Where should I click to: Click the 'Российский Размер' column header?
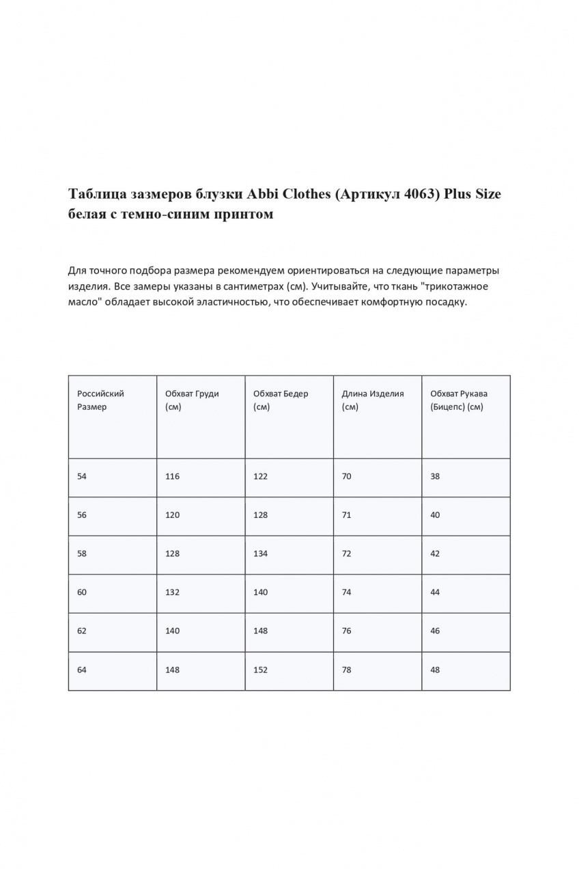coord(100,400)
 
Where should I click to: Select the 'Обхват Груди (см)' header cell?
coord(192,400)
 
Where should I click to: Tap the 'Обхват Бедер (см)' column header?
coord(281,400)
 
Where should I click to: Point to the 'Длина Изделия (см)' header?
coord(373,400)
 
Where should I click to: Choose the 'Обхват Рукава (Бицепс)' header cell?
coord(459,400)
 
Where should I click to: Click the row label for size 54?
coord(82,476)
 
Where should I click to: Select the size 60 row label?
coord(82,592)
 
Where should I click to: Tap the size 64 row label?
coord(82,670)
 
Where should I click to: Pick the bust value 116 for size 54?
coord(172,476)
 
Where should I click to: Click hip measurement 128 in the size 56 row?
coord(260,515)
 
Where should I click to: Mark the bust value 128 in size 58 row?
coord(172,553)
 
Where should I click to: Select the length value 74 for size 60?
coord(347,592)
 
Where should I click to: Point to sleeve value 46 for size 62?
coord(435,631)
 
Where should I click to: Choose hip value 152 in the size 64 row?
coord(260,670)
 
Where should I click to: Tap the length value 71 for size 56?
coord(347,515)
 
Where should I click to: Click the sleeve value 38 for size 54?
coord(435,476)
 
